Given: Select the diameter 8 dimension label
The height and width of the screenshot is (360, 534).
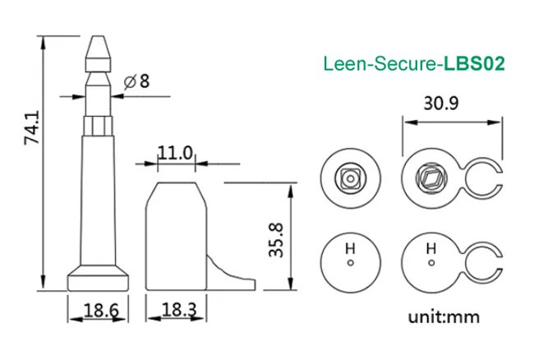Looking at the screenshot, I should coord(137,81).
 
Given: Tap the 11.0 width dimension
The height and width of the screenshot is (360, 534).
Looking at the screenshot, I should coord(175,153).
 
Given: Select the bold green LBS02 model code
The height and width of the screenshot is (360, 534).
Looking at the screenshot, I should coord(474,62).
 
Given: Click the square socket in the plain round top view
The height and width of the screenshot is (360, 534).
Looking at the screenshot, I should coord(350,175).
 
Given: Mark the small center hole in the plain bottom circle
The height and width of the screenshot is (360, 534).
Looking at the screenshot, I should coord(350,263).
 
